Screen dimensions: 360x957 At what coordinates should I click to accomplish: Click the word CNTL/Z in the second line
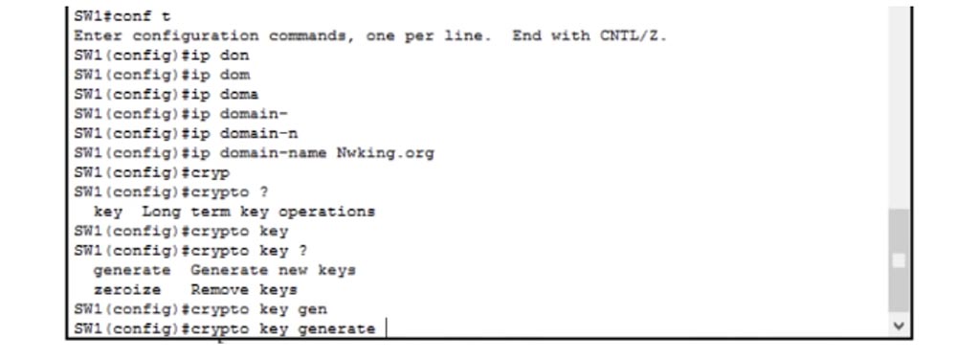pyautogui.click(x=633, y=36)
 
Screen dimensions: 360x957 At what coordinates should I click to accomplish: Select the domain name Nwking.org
pyautogui.click(x=384, y=153)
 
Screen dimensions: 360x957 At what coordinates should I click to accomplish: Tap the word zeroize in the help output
pyautogui.click(x=126, y=289)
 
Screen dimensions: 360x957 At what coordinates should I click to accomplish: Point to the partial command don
pyautogui.click(x=234, y=56)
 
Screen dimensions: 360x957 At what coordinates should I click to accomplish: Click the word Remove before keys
pyautogui.click(x=219, y=289)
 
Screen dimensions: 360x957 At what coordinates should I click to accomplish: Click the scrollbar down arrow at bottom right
pyautogui.click(x=898, y=326)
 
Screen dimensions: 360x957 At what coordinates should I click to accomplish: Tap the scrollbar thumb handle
pyautogui.click(x=898, y=259)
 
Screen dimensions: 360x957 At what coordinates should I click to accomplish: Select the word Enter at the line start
pyautogui.click(x=94, y=36)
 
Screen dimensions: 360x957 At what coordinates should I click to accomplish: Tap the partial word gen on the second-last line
pyautogui.click(x=313, y=309)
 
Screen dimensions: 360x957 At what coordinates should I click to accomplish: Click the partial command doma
pyautogui.click(x=239, y=95)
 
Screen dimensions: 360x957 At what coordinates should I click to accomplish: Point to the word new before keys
pyautogui.click(x=287, y=270)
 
